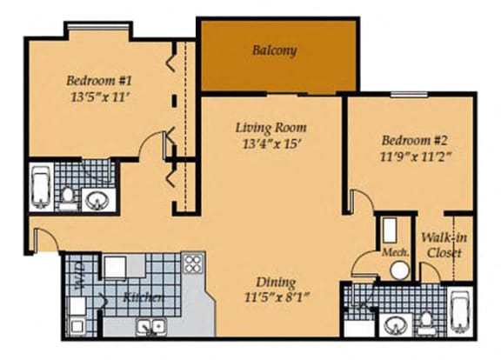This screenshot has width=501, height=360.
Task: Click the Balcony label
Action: click(x=275, y=50)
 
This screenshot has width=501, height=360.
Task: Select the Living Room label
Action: click(x=271, y=128)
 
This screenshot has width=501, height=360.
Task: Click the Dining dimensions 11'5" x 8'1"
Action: click(x=277, y=297)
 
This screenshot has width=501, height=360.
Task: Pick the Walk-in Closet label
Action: click(x=444, y=245)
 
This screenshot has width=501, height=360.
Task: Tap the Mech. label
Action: click(x=396, y=253)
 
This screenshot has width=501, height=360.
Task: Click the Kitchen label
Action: click(x=144, y=297)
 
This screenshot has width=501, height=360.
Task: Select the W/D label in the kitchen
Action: click(x=79, y=277)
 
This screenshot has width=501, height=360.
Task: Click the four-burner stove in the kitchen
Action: click(x=193, y=263)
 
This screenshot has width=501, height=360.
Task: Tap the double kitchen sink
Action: click(x=150, y=327)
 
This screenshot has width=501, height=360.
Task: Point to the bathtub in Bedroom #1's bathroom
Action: click(x=41, y=187)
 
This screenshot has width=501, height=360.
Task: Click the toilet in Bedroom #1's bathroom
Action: click(x=68, y=198)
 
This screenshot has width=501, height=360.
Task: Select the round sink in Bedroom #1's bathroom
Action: click(x=97, y=201)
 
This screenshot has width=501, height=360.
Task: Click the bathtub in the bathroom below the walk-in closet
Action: click(x=459, y=312)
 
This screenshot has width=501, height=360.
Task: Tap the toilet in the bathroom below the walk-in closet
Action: click(x=425, y=323)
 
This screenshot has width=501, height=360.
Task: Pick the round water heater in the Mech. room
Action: click(x=399, y=270)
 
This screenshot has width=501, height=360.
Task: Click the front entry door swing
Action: click(x=46, y=238)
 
